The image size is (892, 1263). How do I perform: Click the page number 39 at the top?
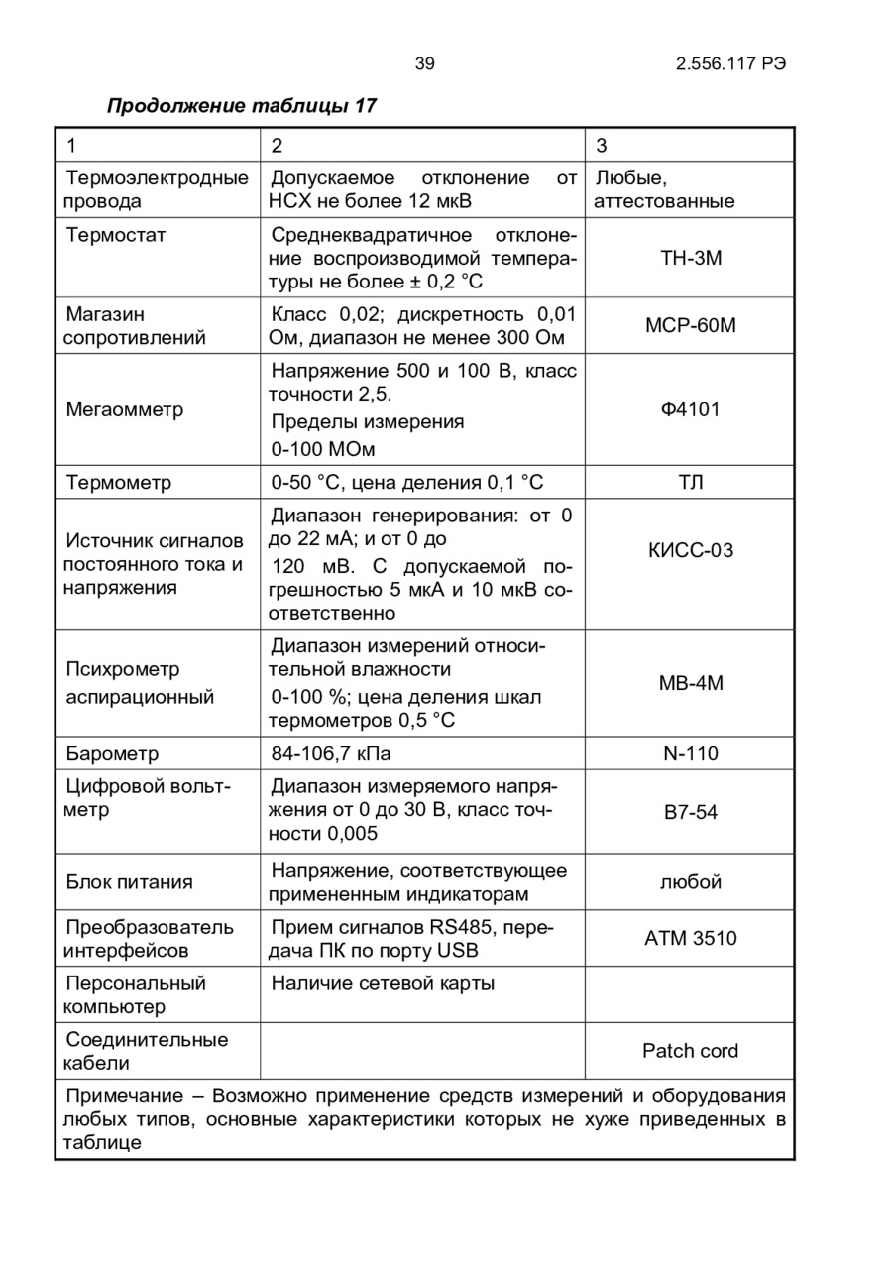(424, 64)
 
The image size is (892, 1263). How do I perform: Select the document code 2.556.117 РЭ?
(731, 64)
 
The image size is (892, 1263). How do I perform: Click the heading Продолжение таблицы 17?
(241, 105)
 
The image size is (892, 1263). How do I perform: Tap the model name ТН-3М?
(690, 259)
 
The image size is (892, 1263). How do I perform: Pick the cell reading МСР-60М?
(690, 326)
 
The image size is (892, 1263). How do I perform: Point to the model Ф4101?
(690, 409)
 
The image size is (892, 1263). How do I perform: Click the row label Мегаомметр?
(124, 409)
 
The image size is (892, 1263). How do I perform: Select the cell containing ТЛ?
(690, 483)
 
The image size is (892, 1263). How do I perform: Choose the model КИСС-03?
(690, 551)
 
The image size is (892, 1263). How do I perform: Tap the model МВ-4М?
(690, 684)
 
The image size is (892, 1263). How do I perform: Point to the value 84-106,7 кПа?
(331, 754)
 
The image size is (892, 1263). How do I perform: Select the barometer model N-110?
(690, 754)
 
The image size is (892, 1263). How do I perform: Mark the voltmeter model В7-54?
(690, 813)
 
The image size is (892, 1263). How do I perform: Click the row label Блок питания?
(129, 882)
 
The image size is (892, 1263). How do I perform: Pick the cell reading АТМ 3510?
(690, 938)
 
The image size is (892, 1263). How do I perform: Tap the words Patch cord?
(690, 1051)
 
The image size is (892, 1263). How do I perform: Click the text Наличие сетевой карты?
(383, 983)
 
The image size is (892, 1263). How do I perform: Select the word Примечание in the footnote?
(124, 1096)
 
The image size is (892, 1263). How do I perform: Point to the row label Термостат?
(116, 235)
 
